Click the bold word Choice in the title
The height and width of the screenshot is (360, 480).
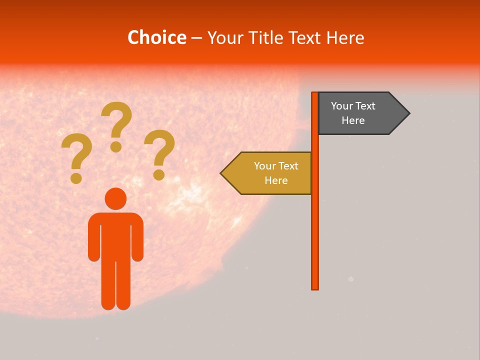click(x=157, y=37)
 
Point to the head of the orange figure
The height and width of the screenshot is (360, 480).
click(x=115, y=198)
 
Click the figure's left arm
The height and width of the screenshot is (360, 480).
click(x=93, y=240)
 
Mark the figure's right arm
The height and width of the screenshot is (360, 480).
click(x=137, y=240)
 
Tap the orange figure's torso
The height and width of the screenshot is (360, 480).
click(x=115, y=235)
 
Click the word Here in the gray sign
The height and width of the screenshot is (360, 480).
click(x=353, y=120)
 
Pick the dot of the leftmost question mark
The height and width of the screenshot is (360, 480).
click(x=76, y=178)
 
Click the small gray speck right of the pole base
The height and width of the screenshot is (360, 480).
click(x=351, y=279)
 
